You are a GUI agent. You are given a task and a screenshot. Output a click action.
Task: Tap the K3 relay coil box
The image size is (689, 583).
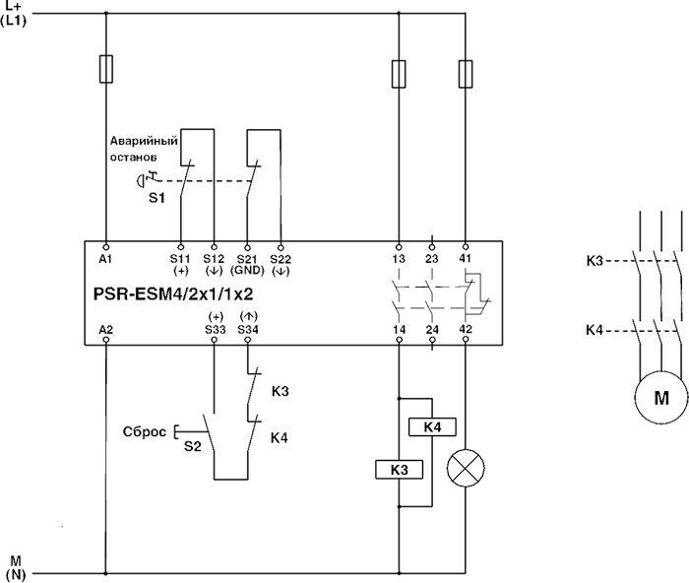399,470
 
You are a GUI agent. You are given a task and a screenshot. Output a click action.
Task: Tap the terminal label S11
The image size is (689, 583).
180,258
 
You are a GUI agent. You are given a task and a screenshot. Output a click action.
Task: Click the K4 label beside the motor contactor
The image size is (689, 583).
595,330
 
